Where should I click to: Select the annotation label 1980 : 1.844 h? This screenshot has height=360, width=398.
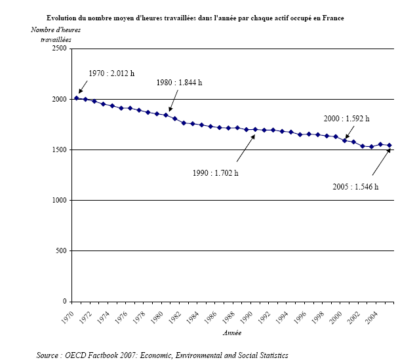(x=179, y=83)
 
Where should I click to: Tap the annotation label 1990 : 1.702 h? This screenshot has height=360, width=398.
(x=216, y=173)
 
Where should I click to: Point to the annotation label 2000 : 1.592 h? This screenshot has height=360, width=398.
(x=347, y=119)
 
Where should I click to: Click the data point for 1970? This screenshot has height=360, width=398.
(x=77, y=98)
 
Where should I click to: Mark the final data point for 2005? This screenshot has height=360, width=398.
(x=389, y=145)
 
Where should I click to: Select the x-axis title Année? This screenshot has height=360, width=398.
(x=231, y=333)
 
